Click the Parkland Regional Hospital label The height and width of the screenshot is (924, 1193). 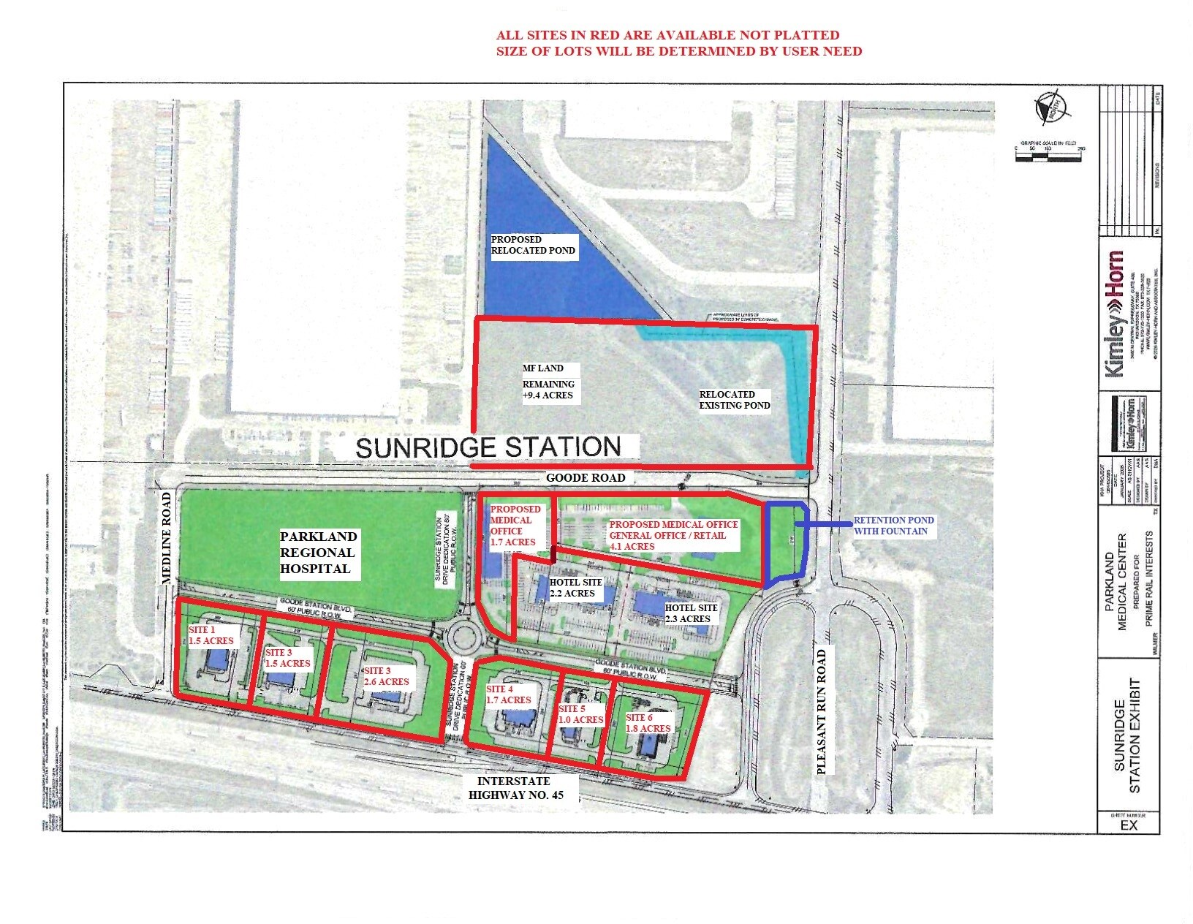318,553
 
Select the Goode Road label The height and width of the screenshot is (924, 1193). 586,477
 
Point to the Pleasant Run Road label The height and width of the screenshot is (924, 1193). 822,711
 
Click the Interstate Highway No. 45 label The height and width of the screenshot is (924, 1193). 515,788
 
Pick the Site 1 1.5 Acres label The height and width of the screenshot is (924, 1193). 211,635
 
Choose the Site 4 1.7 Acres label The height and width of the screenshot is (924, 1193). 508,694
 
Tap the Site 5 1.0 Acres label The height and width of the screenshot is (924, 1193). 580,714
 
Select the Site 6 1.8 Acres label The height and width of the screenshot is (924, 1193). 648,723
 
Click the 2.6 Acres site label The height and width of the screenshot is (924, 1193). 386,676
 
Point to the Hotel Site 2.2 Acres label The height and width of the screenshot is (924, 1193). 576,588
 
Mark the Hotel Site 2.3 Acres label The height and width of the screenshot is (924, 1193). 691,613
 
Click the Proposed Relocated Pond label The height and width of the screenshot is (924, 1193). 533,245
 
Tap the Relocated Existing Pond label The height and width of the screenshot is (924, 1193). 734,400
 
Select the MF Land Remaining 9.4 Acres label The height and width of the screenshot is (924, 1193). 548,382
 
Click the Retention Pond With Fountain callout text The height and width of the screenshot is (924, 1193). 893,526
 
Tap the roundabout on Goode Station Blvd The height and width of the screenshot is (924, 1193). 466,638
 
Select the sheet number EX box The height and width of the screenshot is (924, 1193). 1129,824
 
